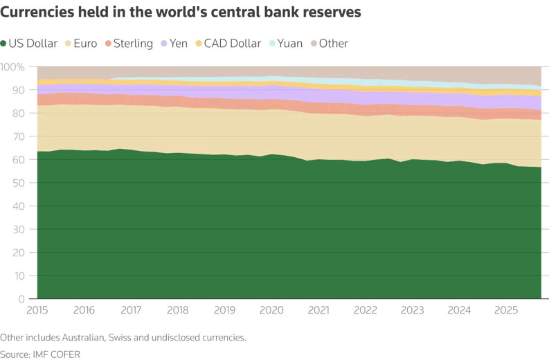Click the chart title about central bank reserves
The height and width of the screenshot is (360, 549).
[180, 12]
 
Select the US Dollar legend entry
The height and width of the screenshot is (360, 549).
[33, 44]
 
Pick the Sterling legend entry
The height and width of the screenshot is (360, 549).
[132, 44]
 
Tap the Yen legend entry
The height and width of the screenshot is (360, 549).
[179, 44]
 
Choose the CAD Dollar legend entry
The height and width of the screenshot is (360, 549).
[232, 44]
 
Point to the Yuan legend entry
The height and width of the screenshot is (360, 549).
[289, 44]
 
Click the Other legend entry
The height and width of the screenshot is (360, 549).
[333, 44]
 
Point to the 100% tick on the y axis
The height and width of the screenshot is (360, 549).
[12, 67]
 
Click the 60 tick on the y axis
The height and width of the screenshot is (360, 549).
[18, 160]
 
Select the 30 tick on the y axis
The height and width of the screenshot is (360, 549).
[18, 229]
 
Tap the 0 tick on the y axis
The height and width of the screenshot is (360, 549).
[21, 299]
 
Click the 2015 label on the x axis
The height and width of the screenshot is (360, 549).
[37, 311]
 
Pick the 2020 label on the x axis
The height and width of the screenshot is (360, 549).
[271, 311]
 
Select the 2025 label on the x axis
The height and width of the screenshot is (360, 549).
[506, 311]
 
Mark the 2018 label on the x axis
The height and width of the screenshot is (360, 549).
[178, 311]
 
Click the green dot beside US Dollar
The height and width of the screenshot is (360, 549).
[3, 44]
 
